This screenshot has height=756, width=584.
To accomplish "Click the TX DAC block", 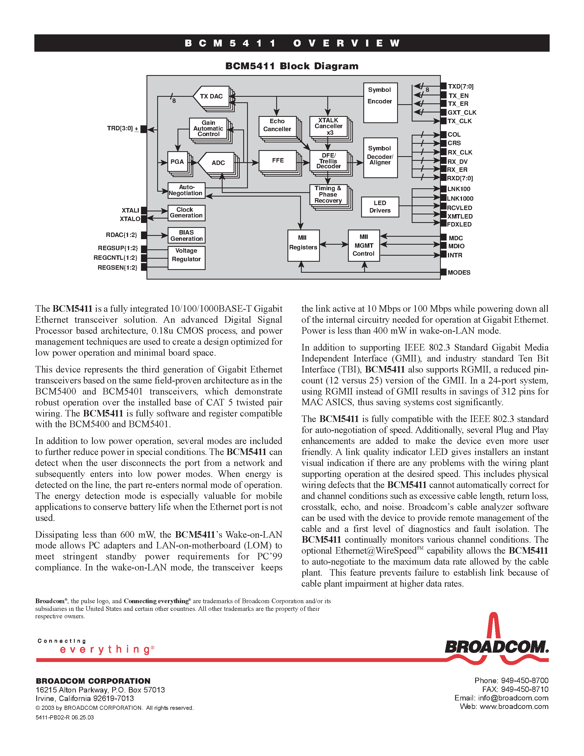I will click(211, 96).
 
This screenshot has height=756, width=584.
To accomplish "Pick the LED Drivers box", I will click(380, 207).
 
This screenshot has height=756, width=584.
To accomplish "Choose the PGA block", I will click(178, 162).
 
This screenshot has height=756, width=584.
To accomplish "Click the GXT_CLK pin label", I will click(462, 112).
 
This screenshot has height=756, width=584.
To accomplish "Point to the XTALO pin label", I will click(130, 219).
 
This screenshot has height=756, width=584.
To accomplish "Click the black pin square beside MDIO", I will click(443, 246).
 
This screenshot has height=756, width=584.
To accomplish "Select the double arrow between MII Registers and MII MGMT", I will click(334, 244).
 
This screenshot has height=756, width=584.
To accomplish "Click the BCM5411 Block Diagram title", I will click(292, 66).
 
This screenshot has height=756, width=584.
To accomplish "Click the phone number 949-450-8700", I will click(524, 681).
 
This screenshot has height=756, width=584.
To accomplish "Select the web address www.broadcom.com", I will click(514, 707).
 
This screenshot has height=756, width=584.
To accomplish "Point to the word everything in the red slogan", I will click(105, 649).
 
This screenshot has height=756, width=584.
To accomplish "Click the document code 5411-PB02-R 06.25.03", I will click(65, 718).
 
